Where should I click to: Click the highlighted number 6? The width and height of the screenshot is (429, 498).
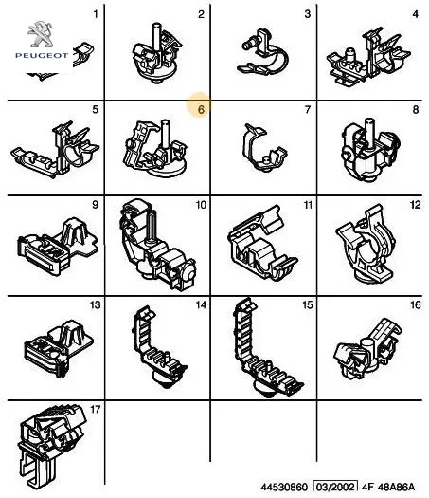click(201, 110)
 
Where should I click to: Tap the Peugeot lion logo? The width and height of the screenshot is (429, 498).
click(41, 34)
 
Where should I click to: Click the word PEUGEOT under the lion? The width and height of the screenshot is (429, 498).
click(42, 56)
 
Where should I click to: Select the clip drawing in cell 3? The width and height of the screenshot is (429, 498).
click(263, 52)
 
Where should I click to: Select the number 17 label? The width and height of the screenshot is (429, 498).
click(96, 410)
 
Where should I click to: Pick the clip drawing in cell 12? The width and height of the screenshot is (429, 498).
click(366, 245)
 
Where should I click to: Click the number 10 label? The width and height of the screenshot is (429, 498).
click(202, 205)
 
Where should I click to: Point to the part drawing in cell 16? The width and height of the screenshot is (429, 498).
click(367, 349)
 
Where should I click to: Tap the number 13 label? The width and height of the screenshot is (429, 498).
click(96, 304)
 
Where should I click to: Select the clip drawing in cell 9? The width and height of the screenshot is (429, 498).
click(57, 246)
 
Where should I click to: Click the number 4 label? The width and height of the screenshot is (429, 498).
click(416, 14)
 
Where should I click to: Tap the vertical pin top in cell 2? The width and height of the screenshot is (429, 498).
click(156, 25)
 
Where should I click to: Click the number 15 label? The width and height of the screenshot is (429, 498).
click(308, 304)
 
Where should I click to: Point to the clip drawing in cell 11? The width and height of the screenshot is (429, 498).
click(262, 244)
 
